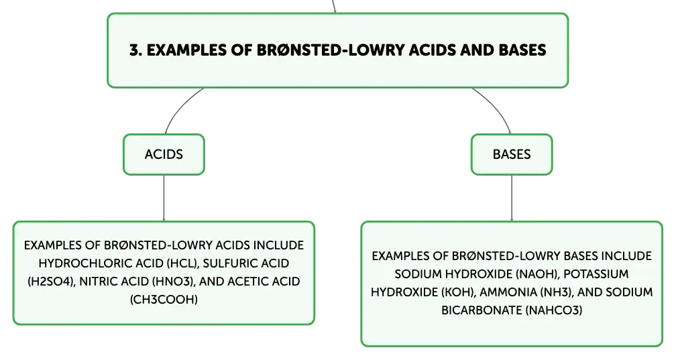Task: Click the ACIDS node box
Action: point(164,154)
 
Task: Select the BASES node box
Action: point(512,154)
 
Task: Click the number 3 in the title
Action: point(135,50)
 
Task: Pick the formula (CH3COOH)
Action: point(164,300)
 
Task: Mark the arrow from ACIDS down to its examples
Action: point(164,198)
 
